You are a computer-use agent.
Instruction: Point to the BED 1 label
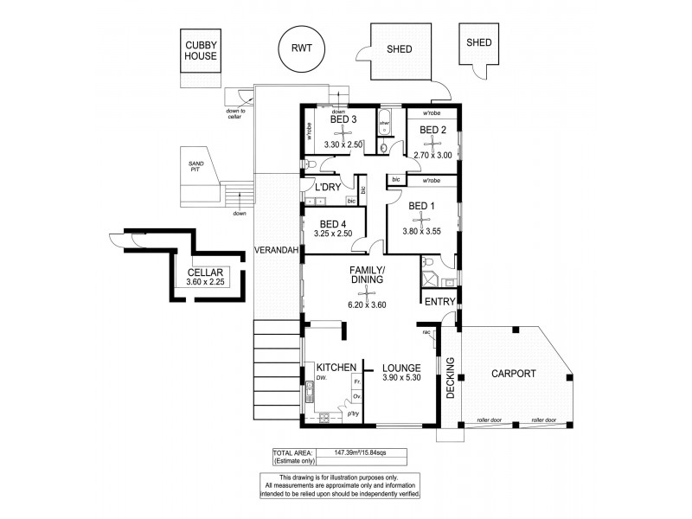point(420,206)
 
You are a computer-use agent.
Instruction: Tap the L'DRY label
point(328,187)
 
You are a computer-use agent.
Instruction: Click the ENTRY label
point(439,300)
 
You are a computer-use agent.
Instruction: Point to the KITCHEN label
point(336,368)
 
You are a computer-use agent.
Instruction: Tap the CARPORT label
point(513,375)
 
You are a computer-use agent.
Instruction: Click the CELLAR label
point(205,273)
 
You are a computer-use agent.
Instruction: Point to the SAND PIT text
point(185,167)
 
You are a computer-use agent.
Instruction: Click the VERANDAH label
point(276,251)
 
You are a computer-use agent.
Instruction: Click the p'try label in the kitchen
point(353,414)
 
